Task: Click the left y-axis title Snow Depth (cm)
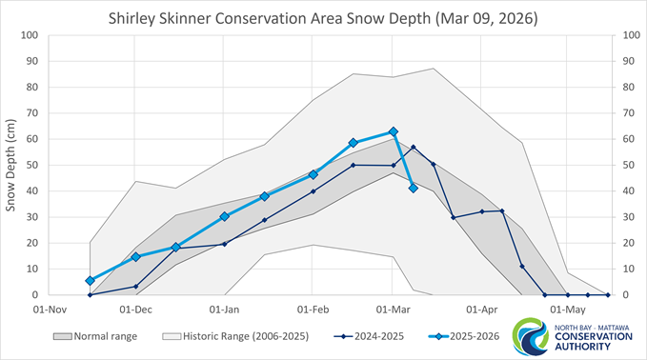tap(12, 165)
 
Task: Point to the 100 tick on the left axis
tap(28, 35)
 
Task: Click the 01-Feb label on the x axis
tap(313, 310)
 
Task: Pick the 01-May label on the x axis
tap(568, 310)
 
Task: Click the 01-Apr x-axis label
tap(483, 310)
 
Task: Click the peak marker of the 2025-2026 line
tap(393, 131)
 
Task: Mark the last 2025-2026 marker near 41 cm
tap(413, 189)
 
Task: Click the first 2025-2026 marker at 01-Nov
tap(90, 281)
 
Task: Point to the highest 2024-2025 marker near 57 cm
tap(413, 148)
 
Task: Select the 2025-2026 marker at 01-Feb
tap(313, 174)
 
